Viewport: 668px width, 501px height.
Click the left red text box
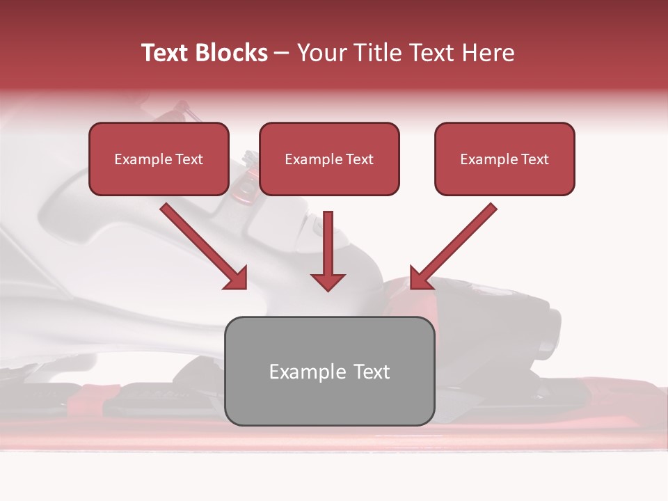tap(159, 159)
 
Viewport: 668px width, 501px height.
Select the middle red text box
tap(329, 159)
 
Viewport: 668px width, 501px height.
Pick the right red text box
tap(504, 159)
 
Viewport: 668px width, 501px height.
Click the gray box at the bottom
tap(329, 371)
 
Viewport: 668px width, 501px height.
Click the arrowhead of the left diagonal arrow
tap(237, 278)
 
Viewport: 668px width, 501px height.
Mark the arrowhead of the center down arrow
tap(328, 281)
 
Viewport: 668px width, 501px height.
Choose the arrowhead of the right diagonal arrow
tap(420, 278)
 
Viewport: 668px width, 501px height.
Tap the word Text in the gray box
tap(372, 372)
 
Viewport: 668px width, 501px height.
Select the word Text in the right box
tap(534, 159)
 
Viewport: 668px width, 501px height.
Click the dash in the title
tap(282, 53)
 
